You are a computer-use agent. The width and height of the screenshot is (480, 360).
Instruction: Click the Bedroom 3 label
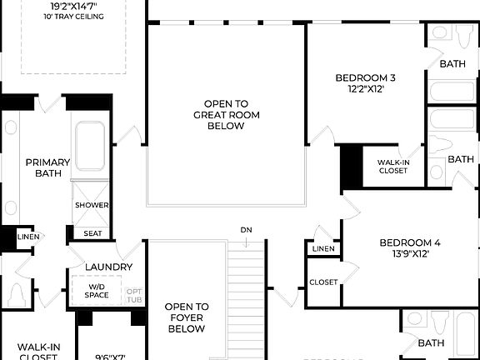click(x=365, y=78)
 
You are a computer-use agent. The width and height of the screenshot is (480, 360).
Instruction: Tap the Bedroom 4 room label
click(x=410, y=243)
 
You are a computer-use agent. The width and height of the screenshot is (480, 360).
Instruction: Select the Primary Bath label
click(x=47, y=167)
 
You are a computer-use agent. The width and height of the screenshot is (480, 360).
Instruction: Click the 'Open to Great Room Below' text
click(x=219, y=115)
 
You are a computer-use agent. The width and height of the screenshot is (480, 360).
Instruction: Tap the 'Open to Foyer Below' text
click(x=187, y=317)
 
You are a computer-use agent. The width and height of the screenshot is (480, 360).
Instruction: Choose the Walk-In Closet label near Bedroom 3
click(x=392, y=167)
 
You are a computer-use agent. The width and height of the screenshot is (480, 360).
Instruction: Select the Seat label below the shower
click(x=93, y=233)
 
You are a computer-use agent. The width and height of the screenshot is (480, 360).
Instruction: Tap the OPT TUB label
click(x=133, y=296)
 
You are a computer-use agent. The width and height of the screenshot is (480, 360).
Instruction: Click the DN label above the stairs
click(x=246, y=229)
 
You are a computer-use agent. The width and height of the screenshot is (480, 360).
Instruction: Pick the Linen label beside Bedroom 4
click(x=323, y=249)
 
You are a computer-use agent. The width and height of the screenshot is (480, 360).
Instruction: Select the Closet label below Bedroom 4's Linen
click(x=323, y=282)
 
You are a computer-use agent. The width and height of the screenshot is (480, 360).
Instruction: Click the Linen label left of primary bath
click(x=27, y=237)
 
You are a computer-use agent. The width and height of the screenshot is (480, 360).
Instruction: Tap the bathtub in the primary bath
click(x=90, y=148)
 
